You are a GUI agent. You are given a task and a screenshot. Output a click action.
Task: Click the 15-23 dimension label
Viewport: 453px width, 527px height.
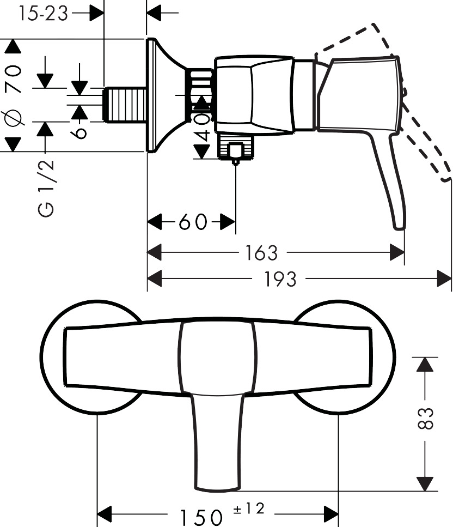(x=44, y=14)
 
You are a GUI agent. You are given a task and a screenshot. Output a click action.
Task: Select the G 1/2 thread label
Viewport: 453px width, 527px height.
(x=46, y=188)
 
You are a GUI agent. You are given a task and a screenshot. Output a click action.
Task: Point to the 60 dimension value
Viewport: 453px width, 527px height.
(x=193, y=222)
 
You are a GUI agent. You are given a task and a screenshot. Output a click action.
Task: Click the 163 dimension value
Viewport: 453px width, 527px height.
(x=261, y=253)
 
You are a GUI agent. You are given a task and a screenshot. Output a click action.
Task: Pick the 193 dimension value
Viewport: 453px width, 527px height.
(x=280, y=279)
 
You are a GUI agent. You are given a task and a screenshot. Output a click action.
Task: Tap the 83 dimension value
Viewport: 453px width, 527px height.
(x=425, y=419)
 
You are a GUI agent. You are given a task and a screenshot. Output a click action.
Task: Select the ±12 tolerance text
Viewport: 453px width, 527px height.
(x=249, y=509)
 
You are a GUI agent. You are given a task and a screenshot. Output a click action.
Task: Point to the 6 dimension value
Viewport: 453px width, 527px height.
(x=79, y=132)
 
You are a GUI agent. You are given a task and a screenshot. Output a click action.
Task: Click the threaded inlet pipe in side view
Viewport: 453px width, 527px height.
(x=125, y=105)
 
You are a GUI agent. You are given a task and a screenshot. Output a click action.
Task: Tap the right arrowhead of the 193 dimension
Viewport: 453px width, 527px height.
(x=444, y=278)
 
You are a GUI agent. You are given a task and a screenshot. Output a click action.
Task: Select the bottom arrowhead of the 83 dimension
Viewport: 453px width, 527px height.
(x=425, y=484)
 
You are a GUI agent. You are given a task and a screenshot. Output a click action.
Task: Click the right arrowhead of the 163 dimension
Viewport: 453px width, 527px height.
(x=397, y=252)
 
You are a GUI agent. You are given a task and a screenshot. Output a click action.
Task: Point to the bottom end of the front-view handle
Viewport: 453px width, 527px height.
(x=218, y=488)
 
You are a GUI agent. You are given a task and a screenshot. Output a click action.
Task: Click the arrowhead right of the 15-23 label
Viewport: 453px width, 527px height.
(x=97, y=14)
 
